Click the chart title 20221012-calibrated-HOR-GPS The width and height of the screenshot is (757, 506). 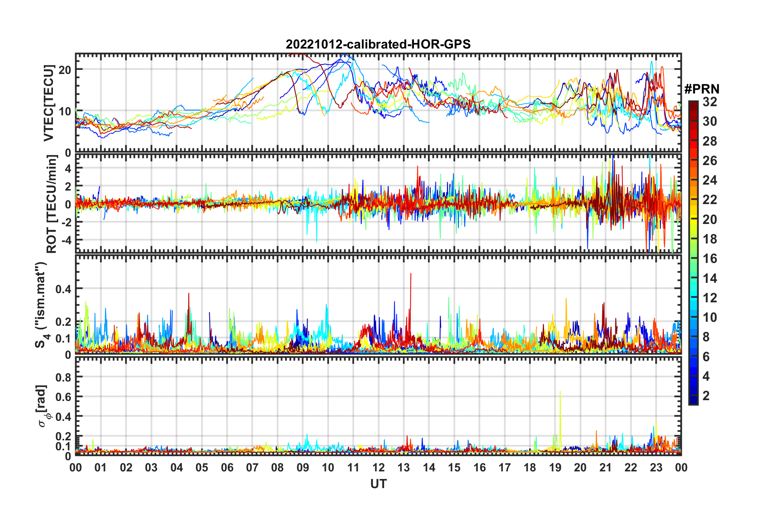coord(378,44)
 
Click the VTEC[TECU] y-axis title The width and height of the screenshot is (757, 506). coord(49,103)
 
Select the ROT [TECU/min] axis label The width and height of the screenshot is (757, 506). coord(52,204)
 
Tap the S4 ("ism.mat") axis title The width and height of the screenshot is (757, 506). coord(41,305)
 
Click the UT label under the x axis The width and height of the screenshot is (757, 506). coord(378,484)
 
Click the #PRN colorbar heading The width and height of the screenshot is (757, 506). coord(702,89)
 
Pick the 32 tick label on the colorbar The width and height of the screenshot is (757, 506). coord(710,102)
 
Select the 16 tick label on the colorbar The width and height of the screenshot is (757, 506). coord(710,259)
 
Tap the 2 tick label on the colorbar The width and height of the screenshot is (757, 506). coord(706,395)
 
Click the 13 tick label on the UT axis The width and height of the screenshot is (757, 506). coord(404,467)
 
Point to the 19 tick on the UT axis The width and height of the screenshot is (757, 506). coord(555,467)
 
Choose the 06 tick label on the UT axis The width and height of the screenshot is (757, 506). coord(227,467)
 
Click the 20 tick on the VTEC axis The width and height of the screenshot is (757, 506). coord(65,70)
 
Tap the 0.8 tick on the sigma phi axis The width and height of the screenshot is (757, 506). coord(63,377)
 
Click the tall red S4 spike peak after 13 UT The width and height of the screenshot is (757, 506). coord(411,273)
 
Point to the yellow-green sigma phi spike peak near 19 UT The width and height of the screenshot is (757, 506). coord(560,391)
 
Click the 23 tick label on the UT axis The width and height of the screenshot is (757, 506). coord(656,467)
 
